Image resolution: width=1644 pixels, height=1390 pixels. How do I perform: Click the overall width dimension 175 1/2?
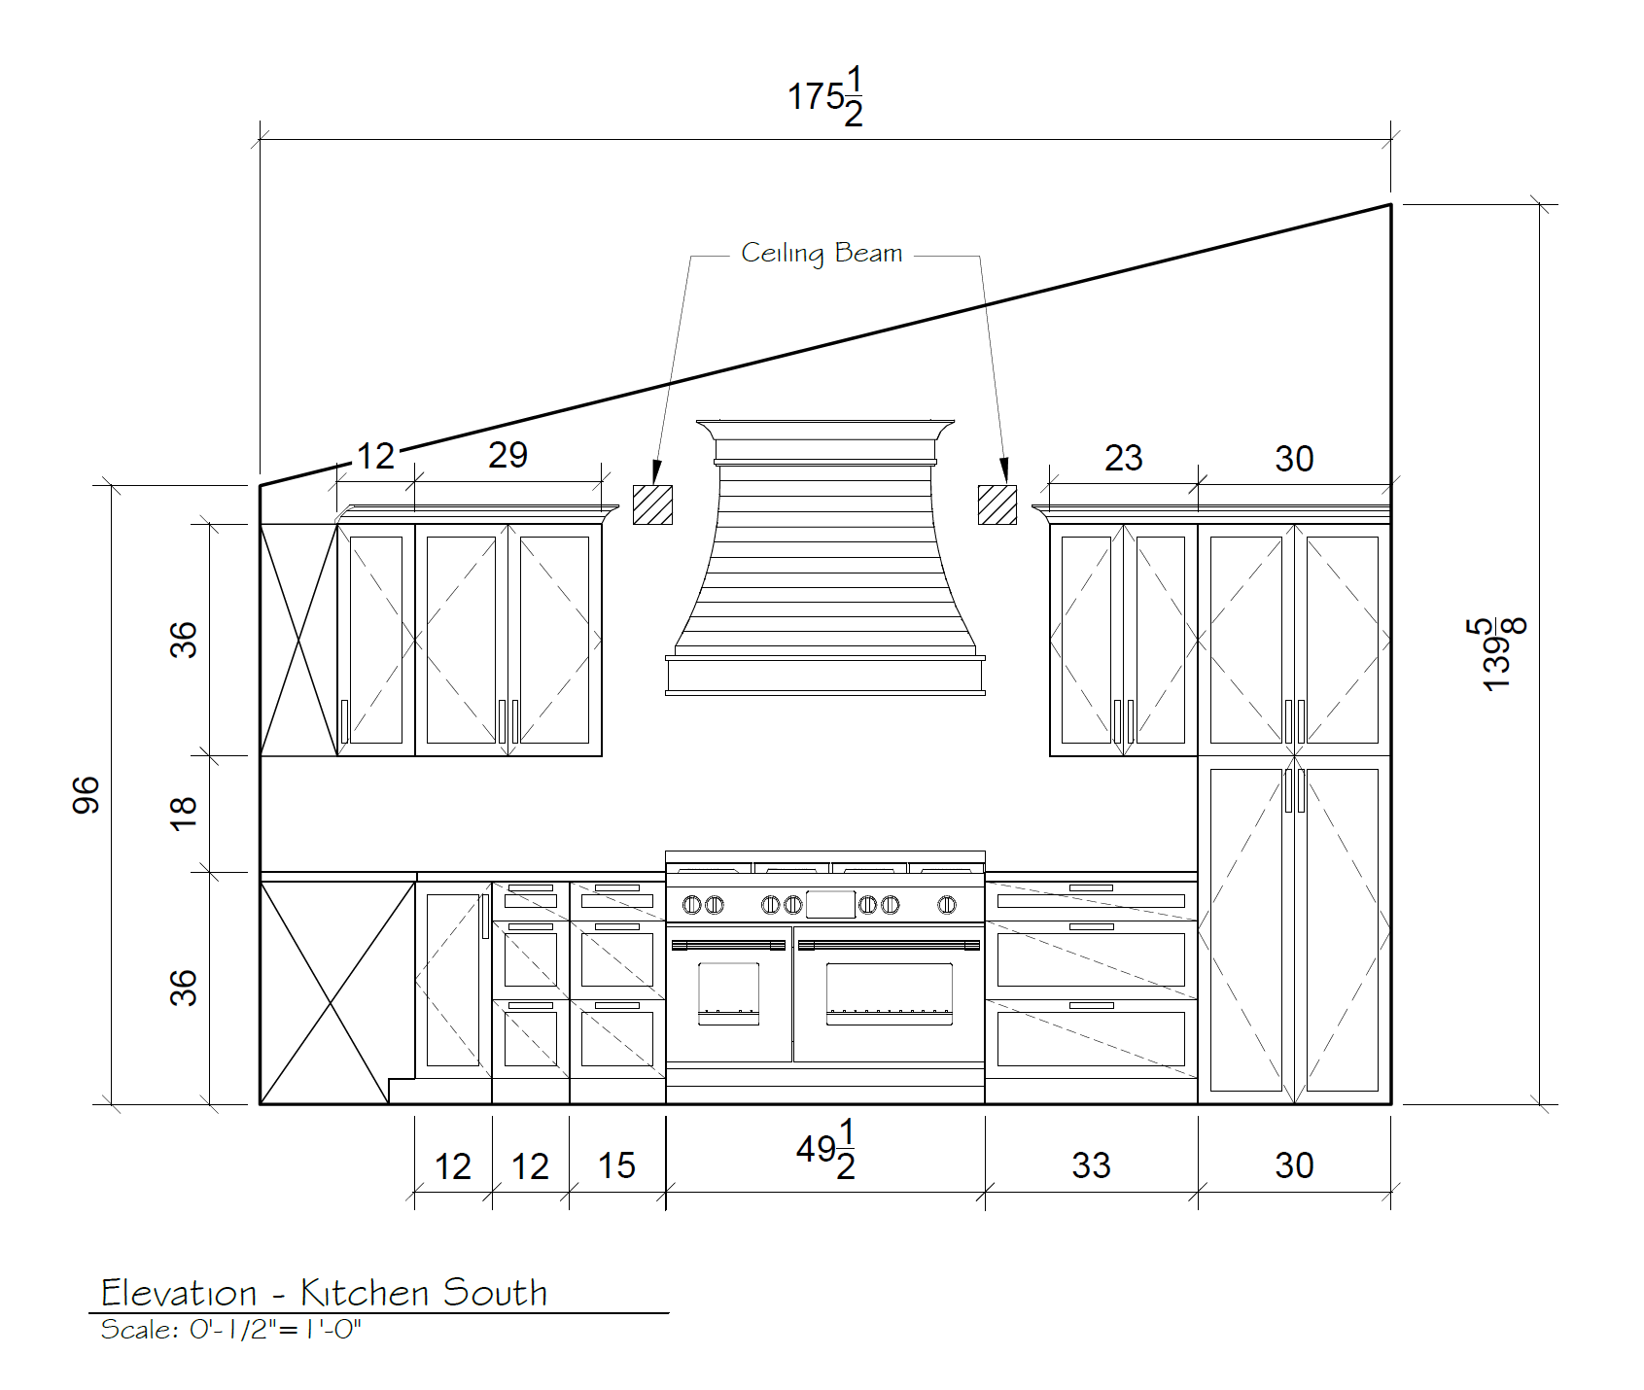824,96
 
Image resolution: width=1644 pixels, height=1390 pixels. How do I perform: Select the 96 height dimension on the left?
86,795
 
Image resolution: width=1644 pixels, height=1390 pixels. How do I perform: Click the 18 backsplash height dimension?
183,813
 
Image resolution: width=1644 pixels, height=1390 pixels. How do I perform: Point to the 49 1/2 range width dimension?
826,1149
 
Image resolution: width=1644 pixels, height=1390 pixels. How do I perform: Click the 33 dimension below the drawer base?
1091,1164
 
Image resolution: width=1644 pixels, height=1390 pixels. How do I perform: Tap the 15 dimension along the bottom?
616,1164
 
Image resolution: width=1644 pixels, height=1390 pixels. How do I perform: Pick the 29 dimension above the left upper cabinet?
507,455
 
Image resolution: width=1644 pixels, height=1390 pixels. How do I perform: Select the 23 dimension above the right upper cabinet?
1123,458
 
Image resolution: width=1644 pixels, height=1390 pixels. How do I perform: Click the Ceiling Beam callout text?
822,254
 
